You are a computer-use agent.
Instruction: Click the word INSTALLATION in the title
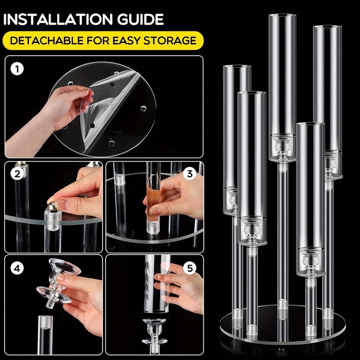[58, 19]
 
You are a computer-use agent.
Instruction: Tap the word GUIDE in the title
[140, 19]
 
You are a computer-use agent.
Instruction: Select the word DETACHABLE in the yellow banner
[47, 40]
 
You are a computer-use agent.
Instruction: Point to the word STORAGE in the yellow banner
[170, 40]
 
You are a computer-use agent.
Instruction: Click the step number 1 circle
[17, 69]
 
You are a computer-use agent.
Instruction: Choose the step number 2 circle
[17, 174]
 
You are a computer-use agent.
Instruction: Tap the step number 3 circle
[189, 174]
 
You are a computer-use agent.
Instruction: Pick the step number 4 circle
[17, 268]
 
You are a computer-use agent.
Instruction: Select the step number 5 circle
[190, 268]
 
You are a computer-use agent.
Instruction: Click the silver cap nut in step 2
[52, 206]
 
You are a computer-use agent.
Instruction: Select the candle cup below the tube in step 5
[154, 332]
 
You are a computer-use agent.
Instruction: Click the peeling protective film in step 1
[108, 108]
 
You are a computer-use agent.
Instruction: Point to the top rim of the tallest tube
[283, 16]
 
